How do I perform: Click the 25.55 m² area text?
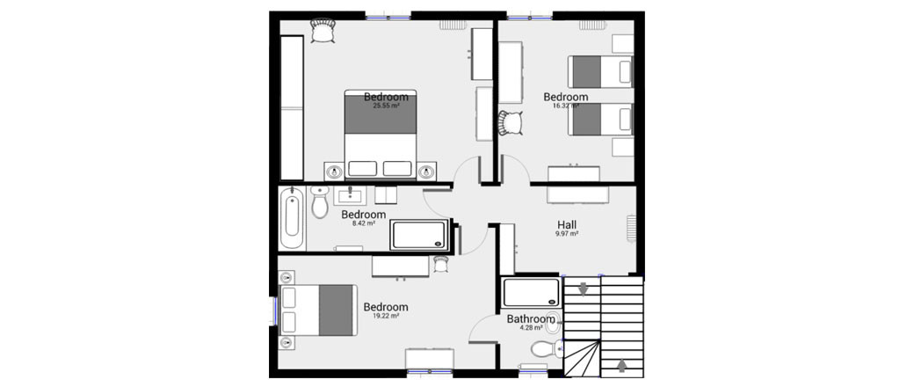click(386, 106)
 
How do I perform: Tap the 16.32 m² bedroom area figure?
click(565, 106)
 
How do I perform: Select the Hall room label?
click(567, 223)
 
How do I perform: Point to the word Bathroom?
click(531, 318)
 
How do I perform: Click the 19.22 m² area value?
click(386, 316)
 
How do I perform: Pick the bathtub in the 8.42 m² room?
click(292, 220)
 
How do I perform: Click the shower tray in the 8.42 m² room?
click(419, 235)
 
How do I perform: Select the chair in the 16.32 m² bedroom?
click(510, 123)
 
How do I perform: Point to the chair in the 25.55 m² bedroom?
click(323, 30)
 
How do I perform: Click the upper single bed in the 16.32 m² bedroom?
click(600, 71)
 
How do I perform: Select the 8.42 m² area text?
click(363, 223)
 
